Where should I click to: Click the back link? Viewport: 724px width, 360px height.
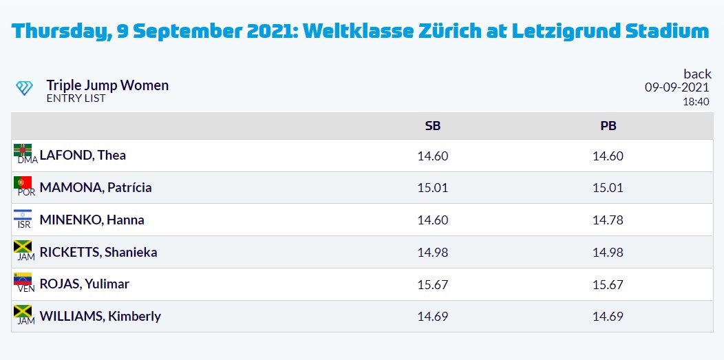(x=697, y=74)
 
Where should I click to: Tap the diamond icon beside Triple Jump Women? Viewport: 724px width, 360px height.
(x=24, y=87)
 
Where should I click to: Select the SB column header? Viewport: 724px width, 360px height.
(x=433, y=126)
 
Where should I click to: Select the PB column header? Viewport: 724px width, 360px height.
(x=608, y=126)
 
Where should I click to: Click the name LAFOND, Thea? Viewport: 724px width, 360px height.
(x=83, y=155)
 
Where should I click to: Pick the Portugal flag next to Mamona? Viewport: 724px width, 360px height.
(x=23, y=182)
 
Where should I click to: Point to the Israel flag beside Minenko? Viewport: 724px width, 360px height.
(x=23, y=215)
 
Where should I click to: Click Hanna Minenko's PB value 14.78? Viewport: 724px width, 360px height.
(x=608, y=220)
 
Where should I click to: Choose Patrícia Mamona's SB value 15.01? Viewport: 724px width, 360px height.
(x=433, y=188)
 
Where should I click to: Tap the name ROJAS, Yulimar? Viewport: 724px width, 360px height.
(x=85, y=284)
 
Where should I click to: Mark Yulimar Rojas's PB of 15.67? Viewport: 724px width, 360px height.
(x=608, y=285)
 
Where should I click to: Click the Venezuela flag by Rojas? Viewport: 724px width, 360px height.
(x=23, y=279)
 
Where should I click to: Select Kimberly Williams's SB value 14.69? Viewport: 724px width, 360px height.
(x=433, y=317)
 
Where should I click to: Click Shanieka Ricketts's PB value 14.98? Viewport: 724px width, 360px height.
(x=608, y=253)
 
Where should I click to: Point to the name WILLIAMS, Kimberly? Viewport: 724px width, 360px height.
(x=100, y=316)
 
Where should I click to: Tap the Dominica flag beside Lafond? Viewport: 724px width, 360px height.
(x=23, y=150)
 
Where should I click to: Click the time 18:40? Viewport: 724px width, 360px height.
(x=696, y=102)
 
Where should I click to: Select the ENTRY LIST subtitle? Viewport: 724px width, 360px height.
(x=76, y=98)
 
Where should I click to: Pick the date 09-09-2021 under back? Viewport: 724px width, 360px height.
(x=677, y=87)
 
